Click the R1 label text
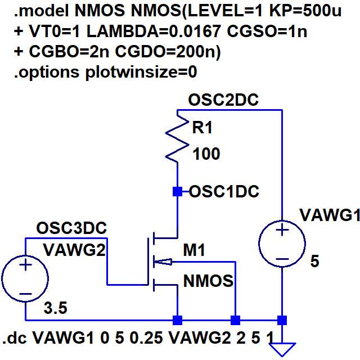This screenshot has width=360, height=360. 203,128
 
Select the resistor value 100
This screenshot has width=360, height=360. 206,154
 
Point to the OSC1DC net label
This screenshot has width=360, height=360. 224,191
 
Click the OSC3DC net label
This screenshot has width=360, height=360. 71,228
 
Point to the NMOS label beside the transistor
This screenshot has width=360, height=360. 208,281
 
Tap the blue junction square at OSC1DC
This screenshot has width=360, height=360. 178,192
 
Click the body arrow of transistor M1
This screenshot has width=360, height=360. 163,261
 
